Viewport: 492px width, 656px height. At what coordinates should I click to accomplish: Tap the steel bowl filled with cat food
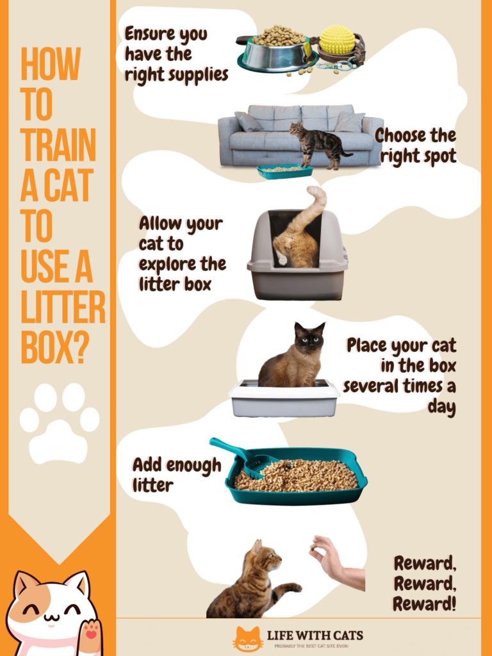click(x=277, y=51)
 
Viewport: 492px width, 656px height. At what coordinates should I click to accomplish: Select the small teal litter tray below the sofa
click(x=284, y=171)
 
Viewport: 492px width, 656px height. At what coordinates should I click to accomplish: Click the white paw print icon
click(x=59, y=422)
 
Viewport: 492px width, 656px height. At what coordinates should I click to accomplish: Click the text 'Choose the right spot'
click(x=415, y=145)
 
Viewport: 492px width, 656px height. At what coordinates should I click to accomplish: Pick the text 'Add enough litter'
click(x=176, y=475)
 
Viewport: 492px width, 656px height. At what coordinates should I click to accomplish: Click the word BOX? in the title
click(x=54, y=349)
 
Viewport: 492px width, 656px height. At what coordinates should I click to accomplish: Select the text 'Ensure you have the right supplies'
click(x=176, y=54)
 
